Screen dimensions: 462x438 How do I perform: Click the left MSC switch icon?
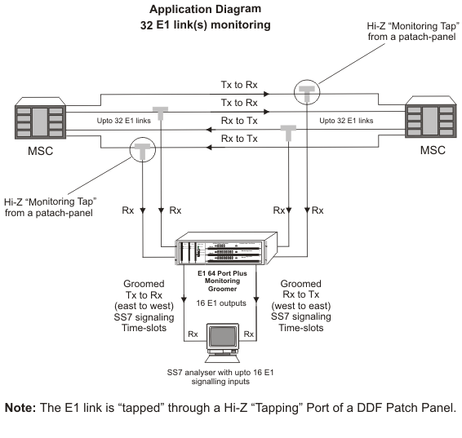click(40, 118)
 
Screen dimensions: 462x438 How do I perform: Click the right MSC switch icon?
click(431, 117)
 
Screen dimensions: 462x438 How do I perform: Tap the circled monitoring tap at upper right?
click(307, 92)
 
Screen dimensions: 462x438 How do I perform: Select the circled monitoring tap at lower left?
click(143, 149)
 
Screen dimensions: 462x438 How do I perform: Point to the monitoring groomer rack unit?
click(226, 249)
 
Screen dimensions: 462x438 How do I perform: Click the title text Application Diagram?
click(206, 9)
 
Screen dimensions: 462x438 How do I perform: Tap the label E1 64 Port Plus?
click(223, 273)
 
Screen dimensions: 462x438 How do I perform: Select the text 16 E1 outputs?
click(221, 303)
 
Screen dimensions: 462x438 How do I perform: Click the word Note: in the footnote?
click(20, 408)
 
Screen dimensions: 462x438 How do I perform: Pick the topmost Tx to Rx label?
click(239, 85)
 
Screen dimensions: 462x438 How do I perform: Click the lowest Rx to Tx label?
click(239, 139)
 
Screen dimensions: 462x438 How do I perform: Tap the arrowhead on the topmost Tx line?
click(266, 94)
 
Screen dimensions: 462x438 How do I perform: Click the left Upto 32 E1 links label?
click(124, 121)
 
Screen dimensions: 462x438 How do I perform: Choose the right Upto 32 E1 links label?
click(346, 121)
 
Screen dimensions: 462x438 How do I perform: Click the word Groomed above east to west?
click(144, 284)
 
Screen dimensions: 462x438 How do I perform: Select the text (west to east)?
click(301, 306)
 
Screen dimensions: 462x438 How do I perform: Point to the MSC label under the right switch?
click(433, 150)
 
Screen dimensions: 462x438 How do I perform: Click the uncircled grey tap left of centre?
click(160, 113)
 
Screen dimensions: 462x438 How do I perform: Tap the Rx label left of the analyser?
click(193, 334)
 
